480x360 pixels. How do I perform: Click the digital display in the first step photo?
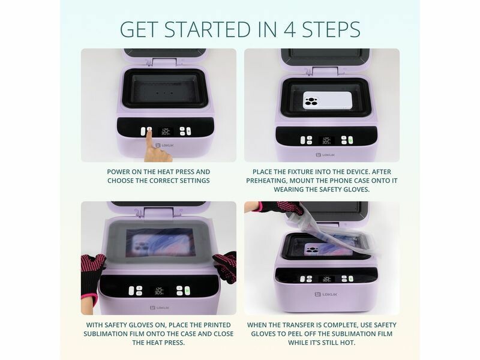(x=166, y=131)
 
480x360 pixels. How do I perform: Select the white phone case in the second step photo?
(x=327, y=100)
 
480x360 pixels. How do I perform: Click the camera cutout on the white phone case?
(x=311, y=101)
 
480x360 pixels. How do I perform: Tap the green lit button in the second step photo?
(x=350, y=140)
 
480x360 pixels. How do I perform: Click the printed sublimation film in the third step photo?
(x=160, y=242)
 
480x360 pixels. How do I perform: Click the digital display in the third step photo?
(x=158, y=291)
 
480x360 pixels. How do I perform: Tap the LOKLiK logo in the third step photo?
(x=160, y=308)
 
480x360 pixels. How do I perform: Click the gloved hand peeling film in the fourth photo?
(x=280, y=208)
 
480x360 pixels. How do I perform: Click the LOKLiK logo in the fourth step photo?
(x=326, y=294)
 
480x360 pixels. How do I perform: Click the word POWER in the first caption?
(x=119, y=172)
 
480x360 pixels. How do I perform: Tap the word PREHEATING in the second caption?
(x=266, y=181)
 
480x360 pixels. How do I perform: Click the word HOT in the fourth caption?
(x=347, y=343)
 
